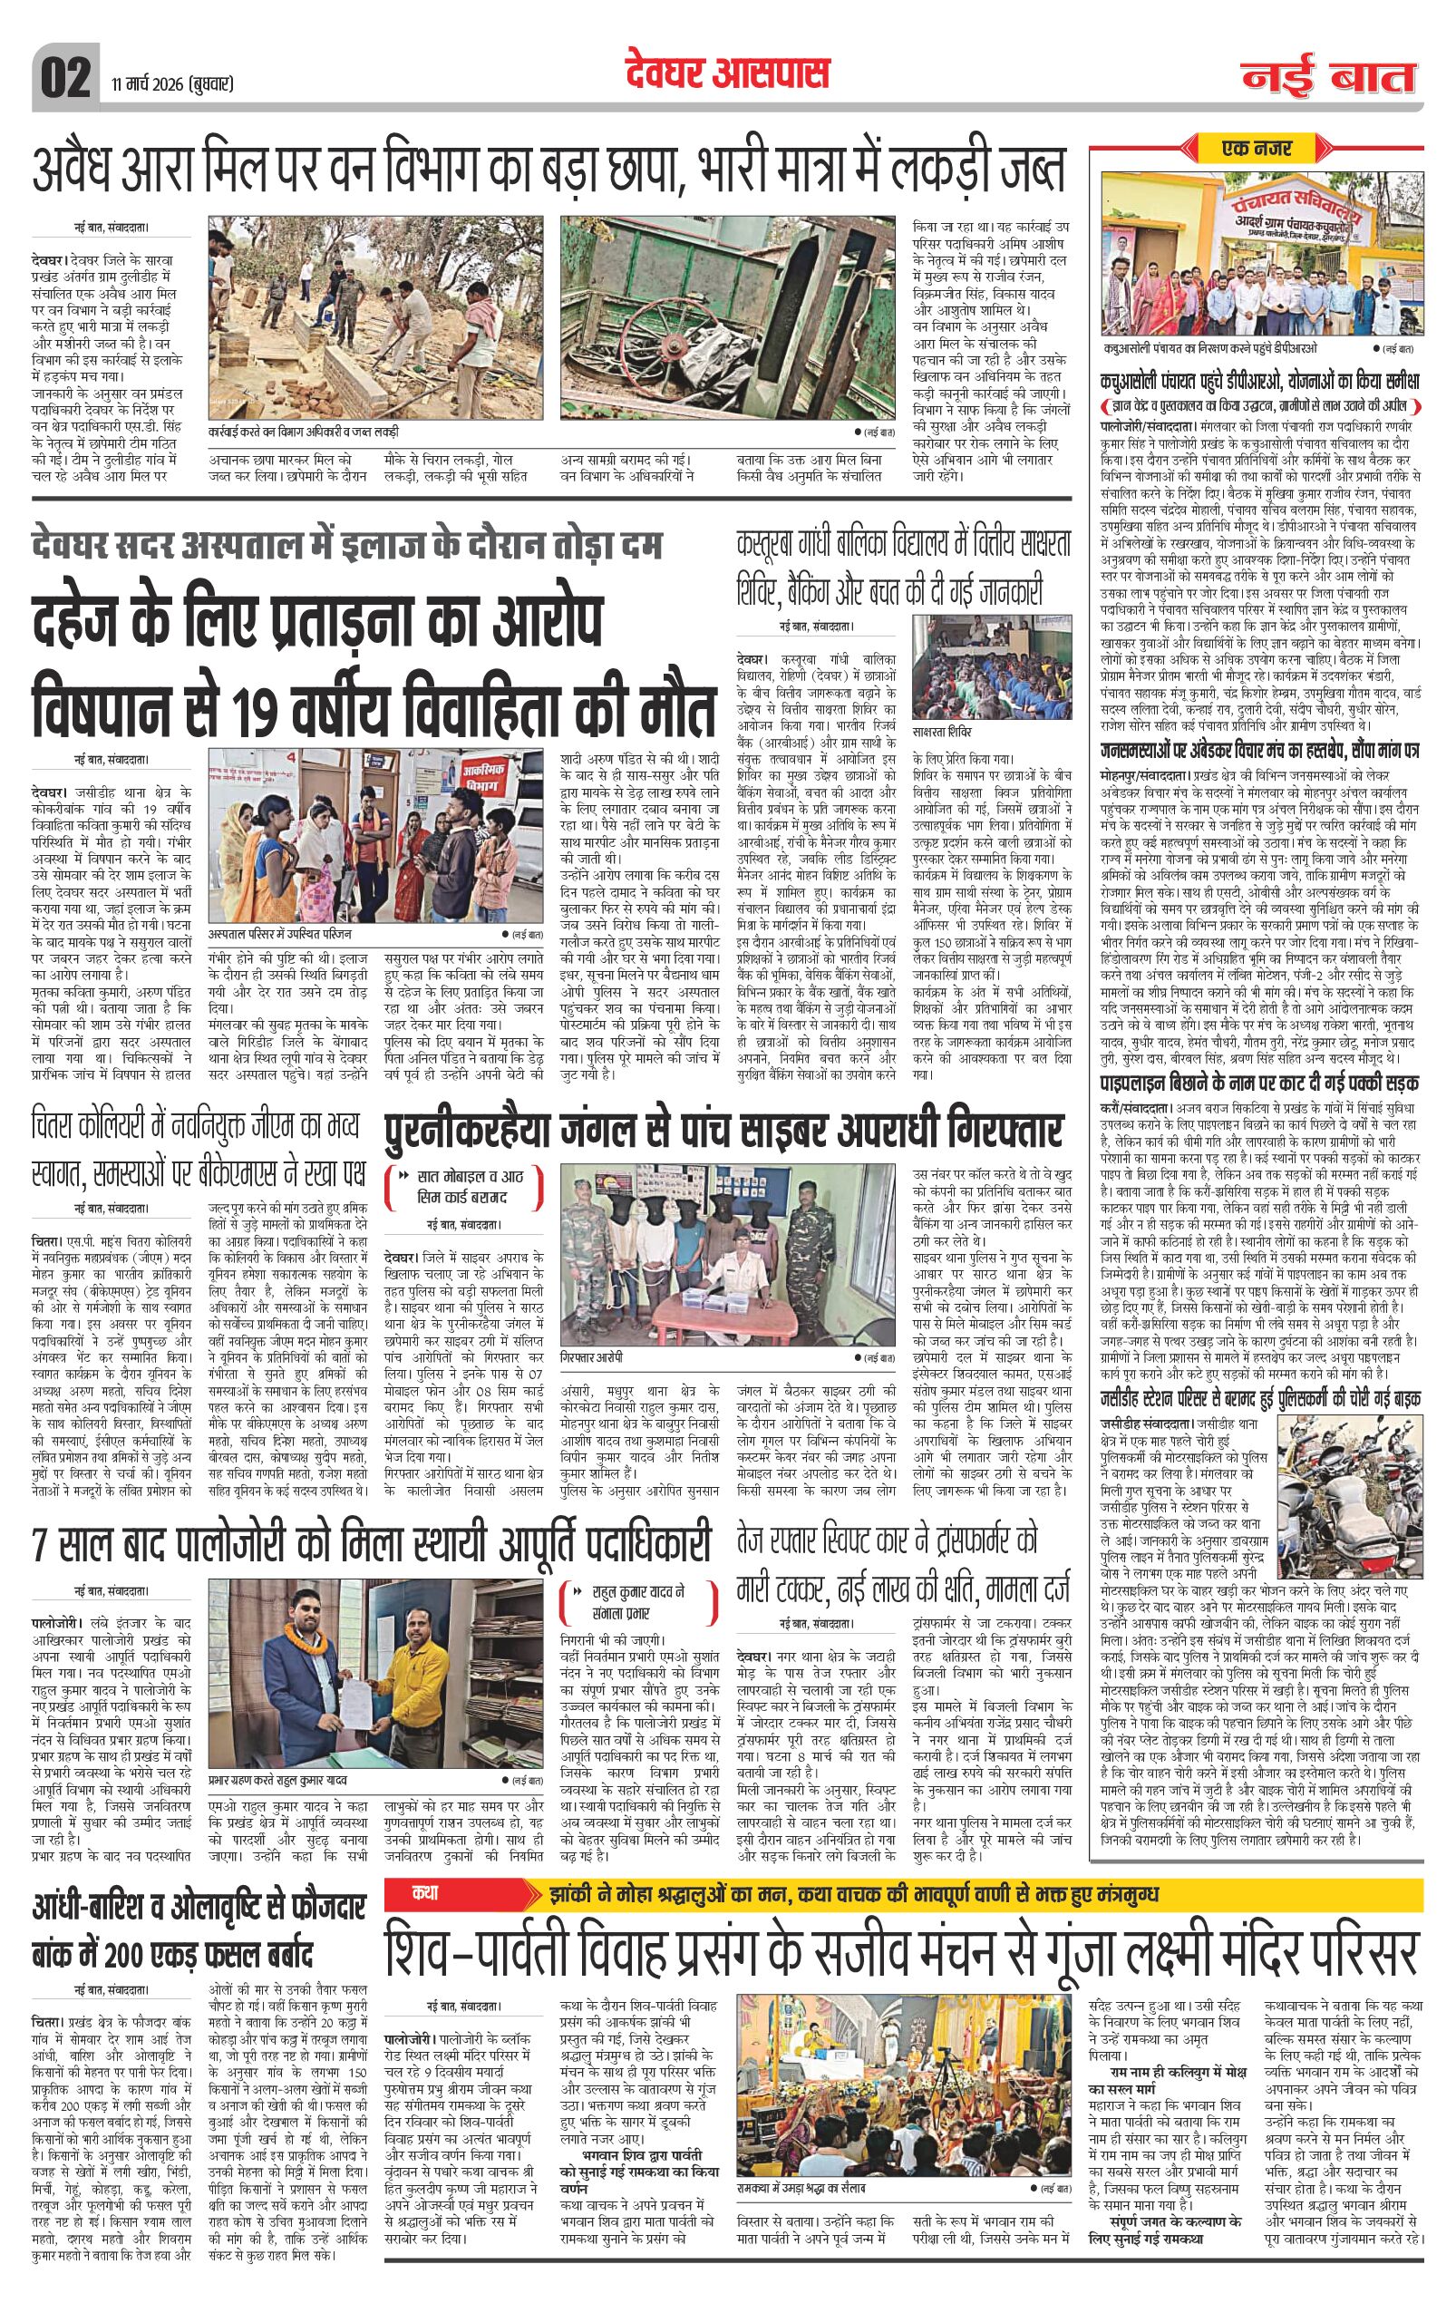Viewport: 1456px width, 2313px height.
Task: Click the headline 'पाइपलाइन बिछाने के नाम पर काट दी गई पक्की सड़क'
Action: (1259, 1083)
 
